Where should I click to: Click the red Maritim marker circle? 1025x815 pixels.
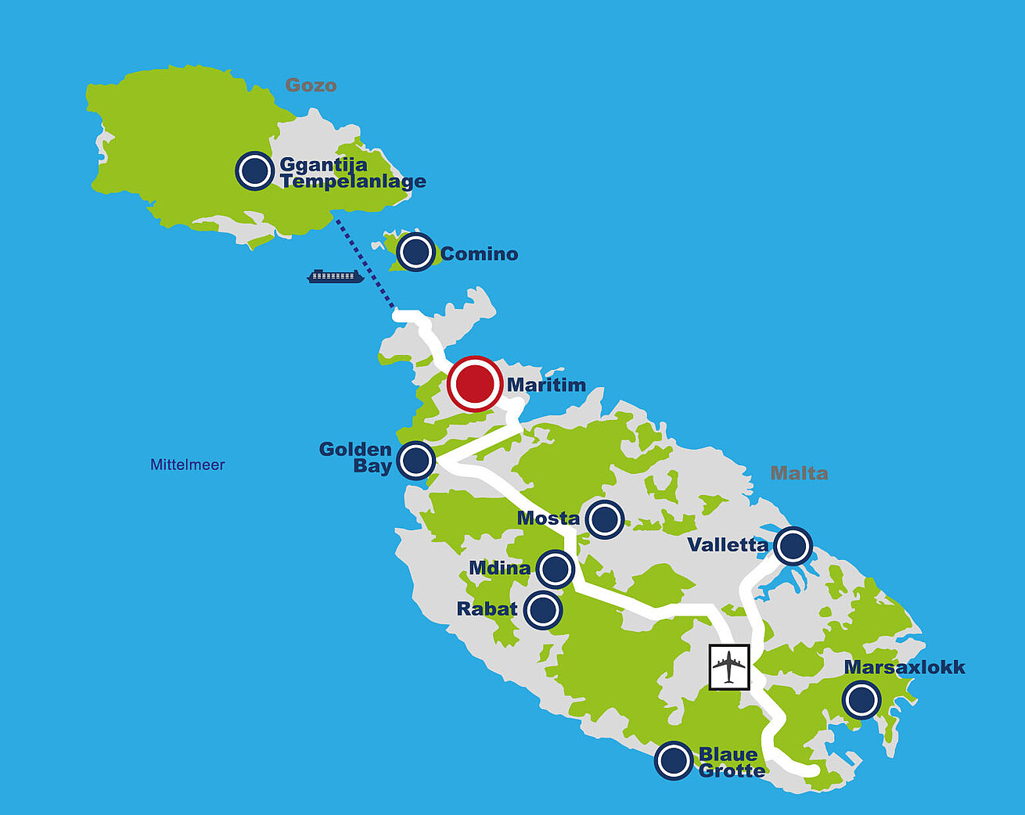pyautogui.click(x=474, y=383)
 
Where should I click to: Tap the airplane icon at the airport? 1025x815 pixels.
pyautogui.click(x=729, y=667)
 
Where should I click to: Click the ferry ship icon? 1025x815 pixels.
pyautogui.click(x=335, y=276)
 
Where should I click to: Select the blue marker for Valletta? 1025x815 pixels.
pyautogui.click(x=793, y=545)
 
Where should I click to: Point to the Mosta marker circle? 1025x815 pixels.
pyautogui.click(x=605, y=519)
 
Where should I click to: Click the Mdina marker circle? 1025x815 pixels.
pyautogui.click(x=556, y=569)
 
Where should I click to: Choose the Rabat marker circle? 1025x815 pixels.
pyautogui.click(x=543, y=609)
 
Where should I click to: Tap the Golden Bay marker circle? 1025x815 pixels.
pyautogui.click(x=415, y=461)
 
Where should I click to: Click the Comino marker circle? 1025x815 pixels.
pyautogui.click(x=415, y=252)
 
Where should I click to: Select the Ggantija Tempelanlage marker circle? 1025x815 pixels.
pyautogui.click(x=254, y=171)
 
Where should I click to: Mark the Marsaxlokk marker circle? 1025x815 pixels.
pyautogui.click(x=861, y=699)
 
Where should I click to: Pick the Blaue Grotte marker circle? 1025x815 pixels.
pyautogui.click(x=673, y=760)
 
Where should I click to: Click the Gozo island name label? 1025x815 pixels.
pyautogui.click(x=311, y=85)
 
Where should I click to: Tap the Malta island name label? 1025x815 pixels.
pyautogui.click(x=799, y=473)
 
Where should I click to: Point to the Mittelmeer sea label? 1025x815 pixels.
pyautogui.click(x=188, y=465)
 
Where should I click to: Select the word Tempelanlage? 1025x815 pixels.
pyautogui.click(x=353, y=182)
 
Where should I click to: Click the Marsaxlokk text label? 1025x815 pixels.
pyautogui.click(x=905, y=667)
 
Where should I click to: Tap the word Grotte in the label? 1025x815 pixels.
pyautogui.click(x=732, y=771)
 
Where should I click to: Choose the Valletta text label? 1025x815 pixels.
pyautogui.click(x=728, y=545)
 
